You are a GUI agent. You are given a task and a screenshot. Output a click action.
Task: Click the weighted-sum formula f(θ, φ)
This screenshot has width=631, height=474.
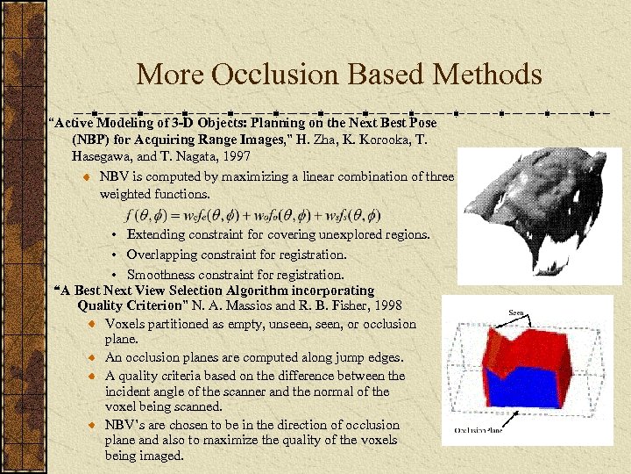coord(254,215)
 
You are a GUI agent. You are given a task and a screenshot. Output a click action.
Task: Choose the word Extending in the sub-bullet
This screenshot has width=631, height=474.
coord(155,234)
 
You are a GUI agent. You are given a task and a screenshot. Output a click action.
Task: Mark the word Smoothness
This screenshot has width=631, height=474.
coord(161,274)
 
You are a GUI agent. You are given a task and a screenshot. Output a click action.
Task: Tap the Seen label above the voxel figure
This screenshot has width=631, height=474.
coord(516,312)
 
